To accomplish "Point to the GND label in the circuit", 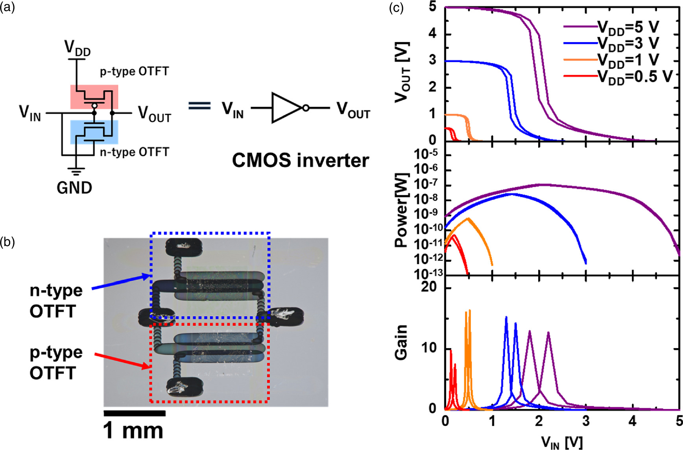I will [74, 187].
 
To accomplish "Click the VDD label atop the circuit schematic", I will [78, 48].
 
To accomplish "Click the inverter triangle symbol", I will [286, 108].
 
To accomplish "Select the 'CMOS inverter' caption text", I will [301, 160].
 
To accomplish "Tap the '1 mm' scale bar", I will [134, 413].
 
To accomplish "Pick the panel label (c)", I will [396, 7].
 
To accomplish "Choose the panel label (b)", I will [7, 242].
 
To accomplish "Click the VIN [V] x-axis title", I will [562, 442].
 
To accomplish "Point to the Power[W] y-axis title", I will [402, 211].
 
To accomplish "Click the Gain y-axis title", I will [401, 343].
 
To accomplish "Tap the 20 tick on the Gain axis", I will [429, 287].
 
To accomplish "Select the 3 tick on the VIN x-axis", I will [586, 421].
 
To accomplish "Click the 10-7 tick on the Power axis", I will [426, 184].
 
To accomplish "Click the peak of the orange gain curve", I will [469, 311].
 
